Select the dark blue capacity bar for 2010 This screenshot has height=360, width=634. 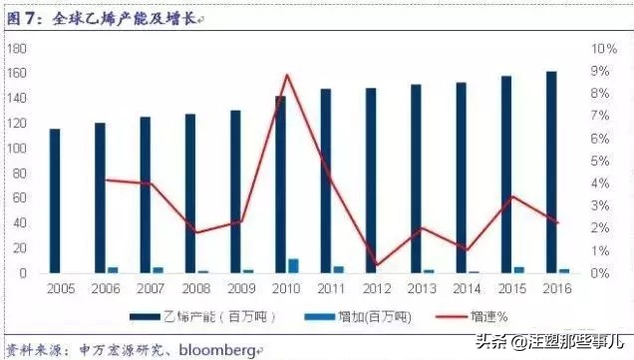(280, 184)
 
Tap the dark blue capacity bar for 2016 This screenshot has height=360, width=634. (551, 172)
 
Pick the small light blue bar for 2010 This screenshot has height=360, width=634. (293, 265)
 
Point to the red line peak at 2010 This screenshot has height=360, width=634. (287, 75)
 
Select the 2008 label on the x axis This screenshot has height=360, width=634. (196, 287)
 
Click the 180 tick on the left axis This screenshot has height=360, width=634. (16, 48)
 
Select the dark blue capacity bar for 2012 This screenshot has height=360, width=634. (371, 180)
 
